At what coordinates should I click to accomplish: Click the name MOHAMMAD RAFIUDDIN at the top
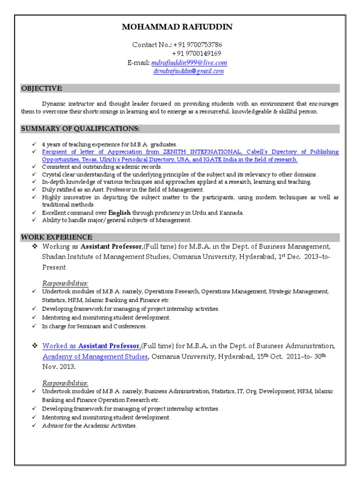(177, 27)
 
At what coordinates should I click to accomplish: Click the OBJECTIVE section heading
(41, 89)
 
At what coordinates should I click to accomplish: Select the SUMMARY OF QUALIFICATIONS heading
(80, 128)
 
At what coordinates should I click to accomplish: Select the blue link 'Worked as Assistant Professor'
(91, 346)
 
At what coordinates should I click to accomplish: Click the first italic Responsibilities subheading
(65, 283)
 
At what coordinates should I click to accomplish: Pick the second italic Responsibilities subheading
(65, 382)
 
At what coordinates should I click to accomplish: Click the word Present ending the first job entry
(54, 267)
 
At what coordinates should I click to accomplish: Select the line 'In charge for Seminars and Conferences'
(94, 326)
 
